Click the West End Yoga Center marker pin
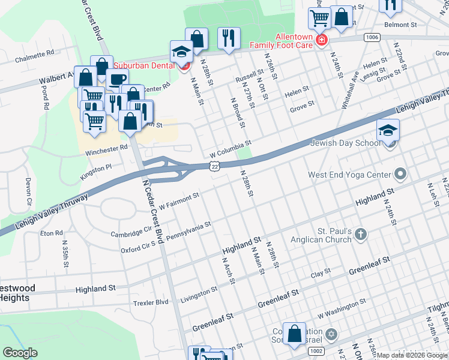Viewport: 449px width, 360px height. click(401, 175)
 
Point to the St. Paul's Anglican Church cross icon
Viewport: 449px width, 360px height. click(360, 234)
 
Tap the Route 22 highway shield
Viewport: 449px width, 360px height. click(214, 167)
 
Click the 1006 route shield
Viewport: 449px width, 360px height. click(372, 37)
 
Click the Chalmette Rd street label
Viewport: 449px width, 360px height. click(38, 55)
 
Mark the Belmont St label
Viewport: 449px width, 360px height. click(400, 25)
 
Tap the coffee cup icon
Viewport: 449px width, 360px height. click(118, 80)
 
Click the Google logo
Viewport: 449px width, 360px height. click(21, 353)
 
